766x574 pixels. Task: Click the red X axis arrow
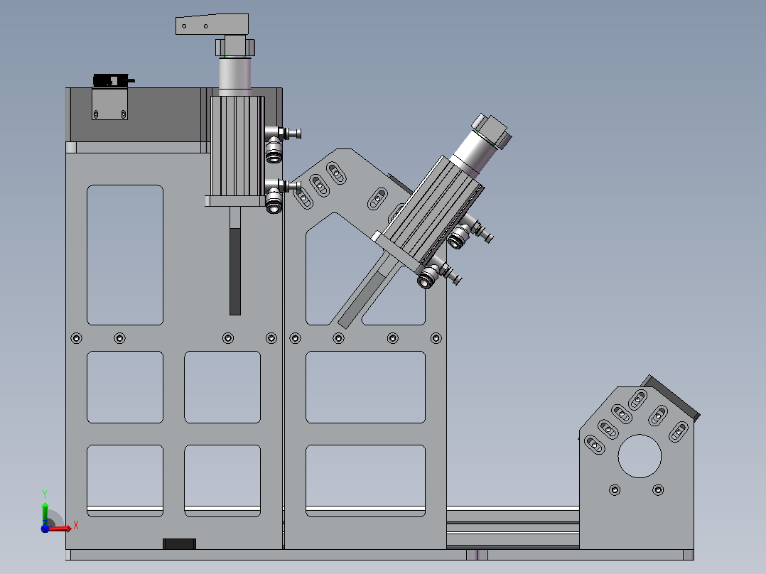click(x=58, y=529)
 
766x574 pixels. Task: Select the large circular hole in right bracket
click(x=640, y=456)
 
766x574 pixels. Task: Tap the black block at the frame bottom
click(x=179, y=543)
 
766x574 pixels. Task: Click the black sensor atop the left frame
click(x=113, y=80)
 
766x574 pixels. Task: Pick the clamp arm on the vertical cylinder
click(x=212, y=24)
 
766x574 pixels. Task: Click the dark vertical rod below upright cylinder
click(x=235, y=271)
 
